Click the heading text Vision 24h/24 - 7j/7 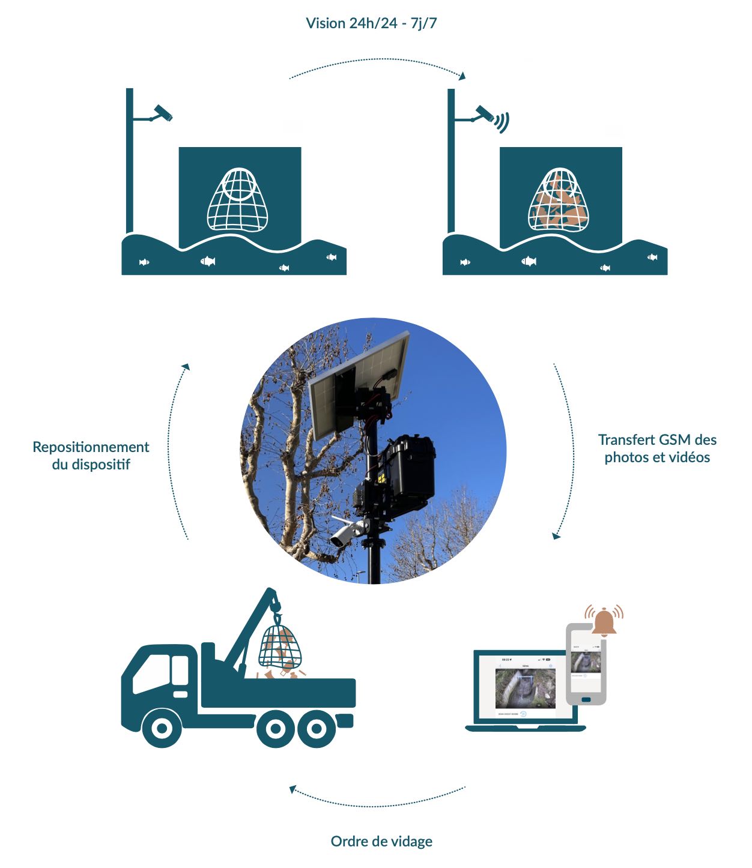point(371,23)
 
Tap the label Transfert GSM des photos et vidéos point(657,448)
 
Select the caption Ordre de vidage point(381,841)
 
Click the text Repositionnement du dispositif point(91,456)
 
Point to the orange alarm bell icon point(604,621)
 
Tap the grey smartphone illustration point(586,664)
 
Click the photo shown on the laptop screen point(526,688)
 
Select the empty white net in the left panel point(238,200)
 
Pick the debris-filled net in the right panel point(559,201)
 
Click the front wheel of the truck point(162,728)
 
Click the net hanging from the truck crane point(279,646)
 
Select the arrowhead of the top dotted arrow point(462,76)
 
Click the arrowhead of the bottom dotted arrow point(293,789)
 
